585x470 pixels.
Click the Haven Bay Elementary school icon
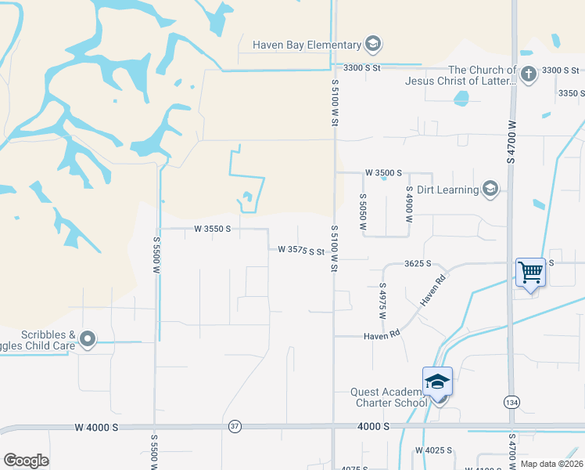(x=373, y=45)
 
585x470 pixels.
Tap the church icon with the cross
(x=529, y=74)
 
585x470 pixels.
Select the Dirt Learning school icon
(x=490, y=189)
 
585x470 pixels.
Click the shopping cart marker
(x=530, y=273)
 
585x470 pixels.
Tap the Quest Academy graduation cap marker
(x=437, y=381)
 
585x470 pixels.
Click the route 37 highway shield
(x=235, y=426)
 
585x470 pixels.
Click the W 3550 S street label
(x=213, y=229)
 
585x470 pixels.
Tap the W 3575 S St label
(x=301, y=251)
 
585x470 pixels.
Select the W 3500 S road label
(x=383, y=172)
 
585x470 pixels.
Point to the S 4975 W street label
(x=382, y=302)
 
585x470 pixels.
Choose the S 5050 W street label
(x=363, y=211)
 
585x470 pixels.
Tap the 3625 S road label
(x=418, y=264)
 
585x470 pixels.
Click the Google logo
(x=26, y=460)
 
